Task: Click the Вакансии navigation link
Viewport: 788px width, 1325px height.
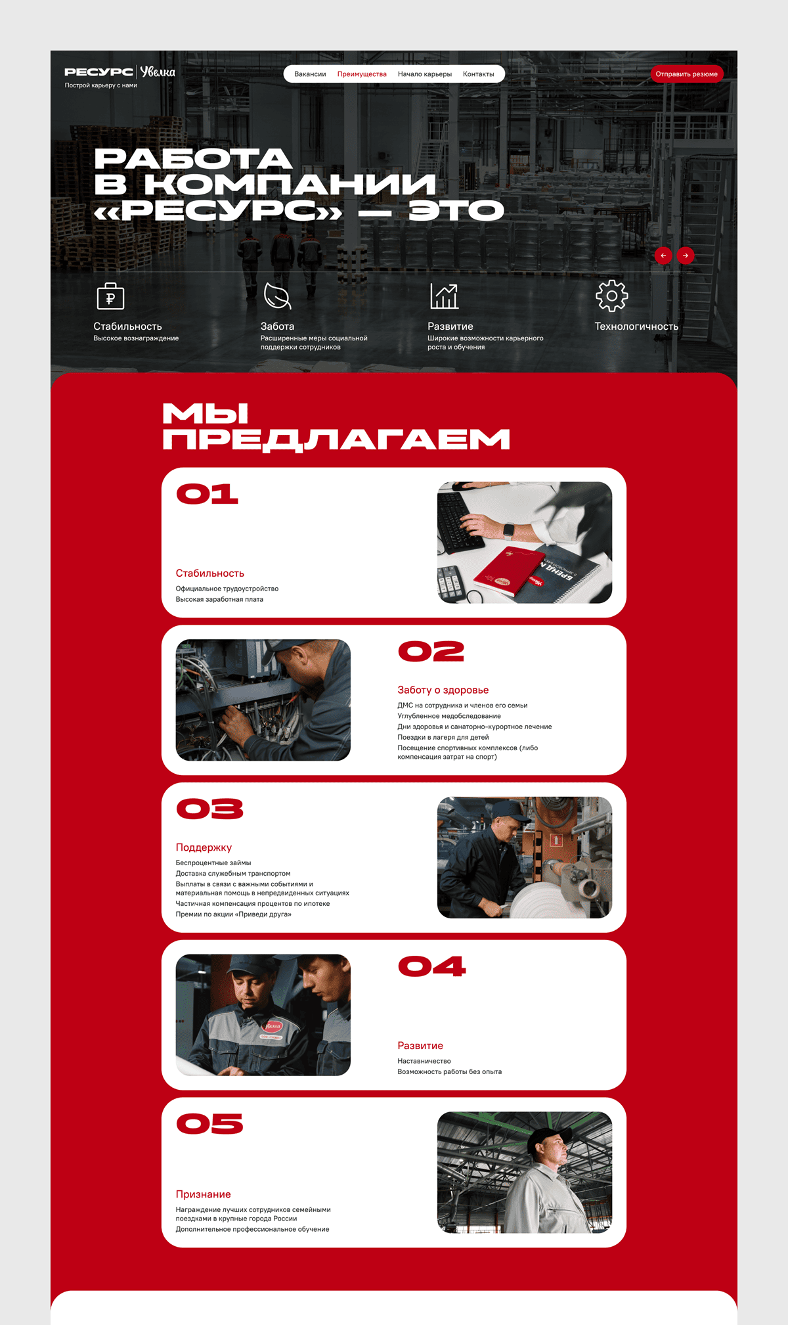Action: (x=310, y=74)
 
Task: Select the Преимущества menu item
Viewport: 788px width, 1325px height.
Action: (x=362, y=74)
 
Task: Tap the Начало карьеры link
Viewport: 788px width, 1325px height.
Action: (x=425, y=74)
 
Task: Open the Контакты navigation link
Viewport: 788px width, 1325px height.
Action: (x=478, y=74)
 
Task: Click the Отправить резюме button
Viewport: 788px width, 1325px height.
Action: (x=686, y=74)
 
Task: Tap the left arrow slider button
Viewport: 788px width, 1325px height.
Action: (x=663, y=256)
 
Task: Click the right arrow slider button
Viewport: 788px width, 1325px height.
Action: (x=686, y=256)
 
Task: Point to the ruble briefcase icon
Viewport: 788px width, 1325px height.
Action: (x=110, y=296)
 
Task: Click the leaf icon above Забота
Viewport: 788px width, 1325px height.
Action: (x=277, y=296)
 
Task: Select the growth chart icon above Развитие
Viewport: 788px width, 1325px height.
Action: (x=444, y=296)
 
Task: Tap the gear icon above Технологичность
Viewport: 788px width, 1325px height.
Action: (x=611, y=296)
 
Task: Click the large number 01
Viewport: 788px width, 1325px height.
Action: (x=208, y=494)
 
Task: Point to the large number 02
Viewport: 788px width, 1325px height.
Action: (x=431, y=652)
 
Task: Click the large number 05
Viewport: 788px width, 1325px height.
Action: (x=209, y=1124)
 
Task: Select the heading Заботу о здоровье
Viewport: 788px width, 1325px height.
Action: (x=443, y=690)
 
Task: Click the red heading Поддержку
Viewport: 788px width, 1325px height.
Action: (x=204, y=847)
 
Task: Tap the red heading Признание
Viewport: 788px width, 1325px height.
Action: (x=203, y=1194)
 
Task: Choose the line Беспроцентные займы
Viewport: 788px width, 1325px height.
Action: (x=213, y=863)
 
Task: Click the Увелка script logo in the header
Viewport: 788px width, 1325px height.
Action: (x=158, y=72)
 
